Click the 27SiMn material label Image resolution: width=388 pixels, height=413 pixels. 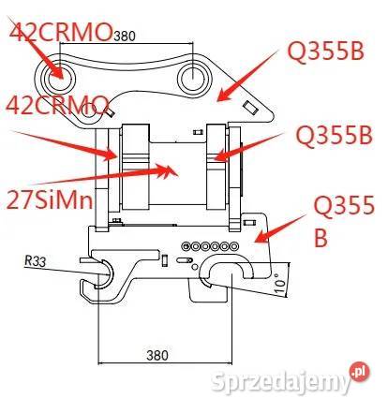(50, 199)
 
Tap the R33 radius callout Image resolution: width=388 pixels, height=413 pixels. (36, 260)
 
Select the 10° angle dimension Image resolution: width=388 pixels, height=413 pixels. (281, 282)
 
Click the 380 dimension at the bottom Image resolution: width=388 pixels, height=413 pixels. (157, 355)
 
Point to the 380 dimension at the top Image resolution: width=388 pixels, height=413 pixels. (125, 37)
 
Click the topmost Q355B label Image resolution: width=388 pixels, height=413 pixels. (326, 52)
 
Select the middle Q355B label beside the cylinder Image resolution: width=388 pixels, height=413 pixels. (335, 136)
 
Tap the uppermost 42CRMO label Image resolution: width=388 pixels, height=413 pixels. (61, 32)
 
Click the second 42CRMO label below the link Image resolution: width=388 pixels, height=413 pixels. (57, 105)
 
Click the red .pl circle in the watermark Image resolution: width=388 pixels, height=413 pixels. (359, 372)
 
